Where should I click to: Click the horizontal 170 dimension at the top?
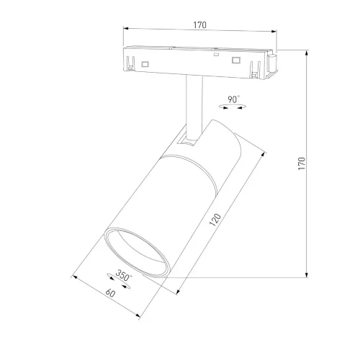[x=199, y=25]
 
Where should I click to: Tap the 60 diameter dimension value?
[x=110, y=293]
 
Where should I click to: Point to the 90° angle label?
[x=233, y=99]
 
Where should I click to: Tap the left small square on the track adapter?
[x=146, y=65]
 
